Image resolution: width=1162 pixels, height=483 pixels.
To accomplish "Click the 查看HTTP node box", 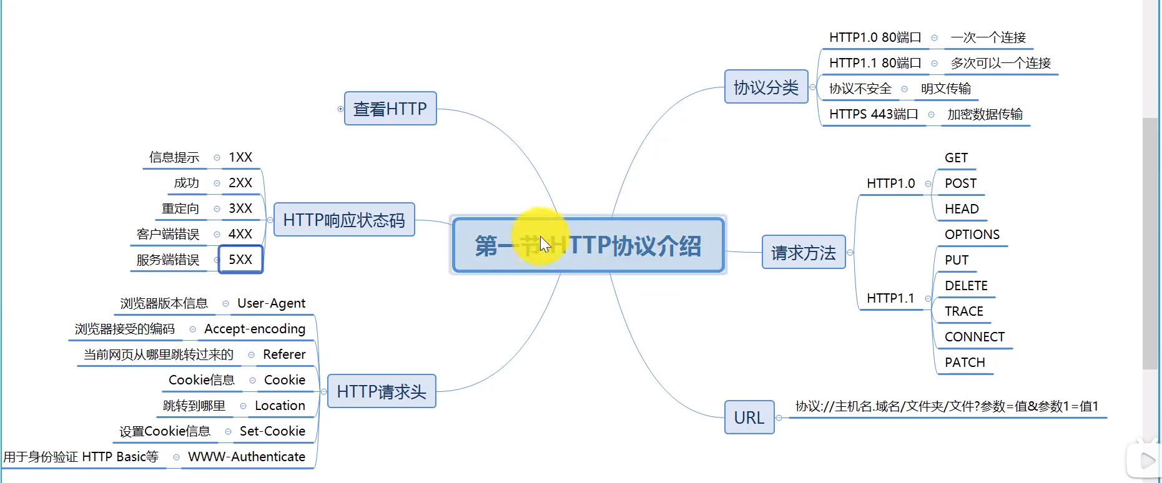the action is click(390, 109).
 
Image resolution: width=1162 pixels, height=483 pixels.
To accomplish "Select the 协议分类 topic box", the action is click(766, 87).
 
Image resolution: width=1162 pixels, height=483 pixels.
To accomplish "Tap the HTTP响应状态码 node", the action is click(344, 220).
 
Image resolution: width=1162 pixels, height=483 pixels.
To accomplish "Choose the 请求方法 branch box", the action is click(804, 252).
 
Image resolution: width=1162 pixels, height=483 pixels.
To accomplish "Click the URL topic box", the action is click(749, 417).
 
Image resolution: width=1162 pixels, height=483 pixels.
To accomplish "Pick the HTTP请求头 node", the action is click(382, 391).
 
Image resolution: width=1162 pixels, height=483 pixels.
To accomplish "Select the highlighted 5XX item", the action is click(240, 260).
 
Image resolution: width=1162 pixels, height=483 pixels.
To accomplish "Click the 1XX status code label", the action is click(240, 157).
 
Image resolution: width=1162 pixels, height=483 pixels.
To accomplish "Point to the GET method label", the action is click(956, 158).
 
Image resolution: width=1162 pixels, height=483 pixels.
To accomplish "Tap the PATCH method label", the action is click(965, 363).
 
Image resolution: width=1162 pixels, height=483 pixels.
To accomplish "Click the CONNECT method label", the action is click(974, 337).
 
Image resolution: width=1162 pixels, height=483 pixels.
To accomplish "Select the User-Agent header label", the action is click(271, 303).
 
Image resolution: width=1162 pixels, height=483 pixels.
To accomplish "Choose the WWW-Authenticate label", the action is click(247, 457).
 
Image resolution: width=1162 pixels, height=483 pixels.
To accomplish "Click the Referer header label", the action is click(284, 354).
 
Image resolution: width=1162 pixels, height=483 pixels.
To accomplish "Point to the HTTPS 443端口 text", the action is click(874, 114).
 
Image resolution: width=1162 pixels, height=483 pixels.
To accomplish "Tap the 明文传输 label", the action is click(946, 89).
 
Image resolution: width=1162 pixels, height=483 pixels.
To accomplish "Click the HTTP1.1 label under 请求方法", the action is click(890, 298).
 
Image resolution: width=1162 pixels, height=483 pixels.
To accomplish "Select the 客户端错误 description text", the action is click(168, 234).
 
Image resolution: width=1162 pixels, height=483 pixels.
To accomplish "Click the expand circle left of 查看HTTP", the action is click(340, 109).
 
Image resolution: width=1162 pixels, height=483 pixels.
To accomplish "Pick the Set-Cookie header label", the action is click(272, 431).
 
